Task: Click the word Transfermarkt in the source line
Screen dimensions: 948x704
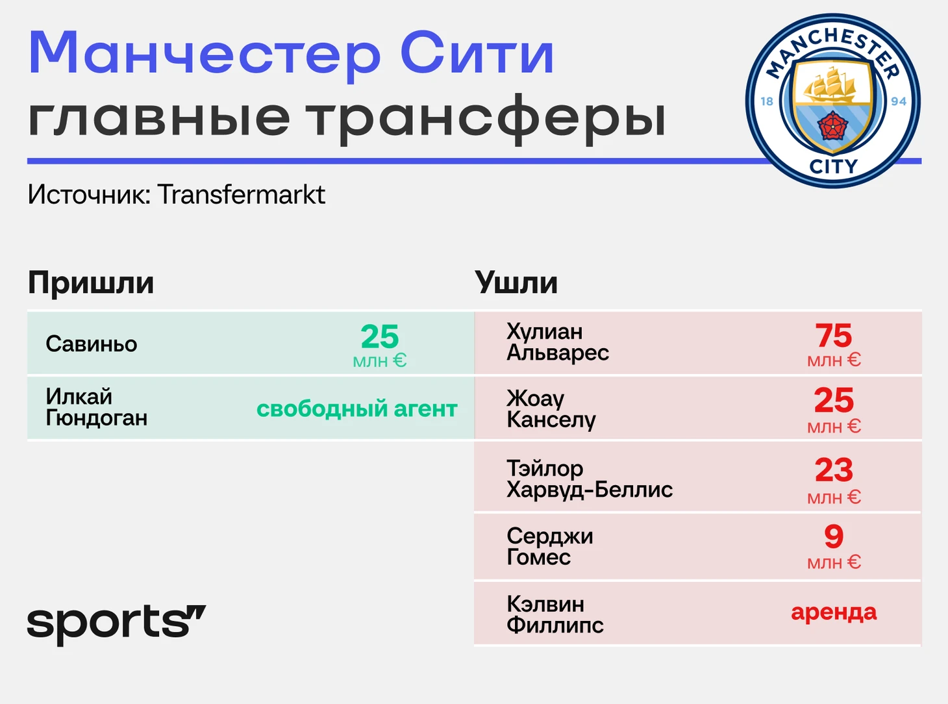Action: pyautogui.click(x=242, y=195)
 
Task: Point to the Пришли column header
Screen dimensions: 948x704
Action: pyautogui.click(x=91, y=283)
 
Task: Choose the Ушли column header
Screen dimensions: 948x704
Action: pyautogui.click(x=516, y=283)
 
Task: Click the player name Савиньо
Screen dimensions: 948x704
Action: pyautogui.click(x=92, y=344)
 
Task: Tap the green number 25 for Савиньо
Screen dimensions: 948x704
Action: pyautogui.click(x=380, y=336)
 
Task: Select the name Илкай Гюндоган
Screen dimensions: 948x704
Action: pyautogui.click(x=97, y=407)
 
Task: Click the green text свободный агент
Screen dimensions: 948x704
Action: pyautogui.click(x=357, y=409)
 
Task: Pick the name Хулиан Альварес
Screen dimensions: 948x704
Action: pyautogui.click(x=558, y=342)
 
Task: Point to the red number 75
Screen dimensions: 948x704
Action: pyautogui.click(x=834, y=336)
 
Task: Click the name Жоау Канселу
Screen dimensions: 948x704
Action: pyautogui.click(x=551, y=409)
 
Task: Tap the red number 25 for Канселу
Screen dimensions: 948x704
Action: pyautogui.click(x=834, y=401)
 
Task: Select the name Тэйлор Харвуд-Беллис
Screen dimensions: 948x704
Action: pyautogui.click(x=590, y=479)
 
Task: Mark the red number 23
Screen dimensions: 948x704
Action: pyautogui.click(x=834, y=470)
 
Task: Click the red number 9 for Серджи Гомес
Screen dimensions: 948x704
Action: pyautogui.click(x=834, y=536)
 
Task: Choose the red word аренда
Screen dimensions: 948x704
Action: pyautogui.click(x=834, y=612)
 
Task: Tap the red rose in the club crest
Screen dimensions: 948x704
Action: pyautogui.click(x=832, y=126)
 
